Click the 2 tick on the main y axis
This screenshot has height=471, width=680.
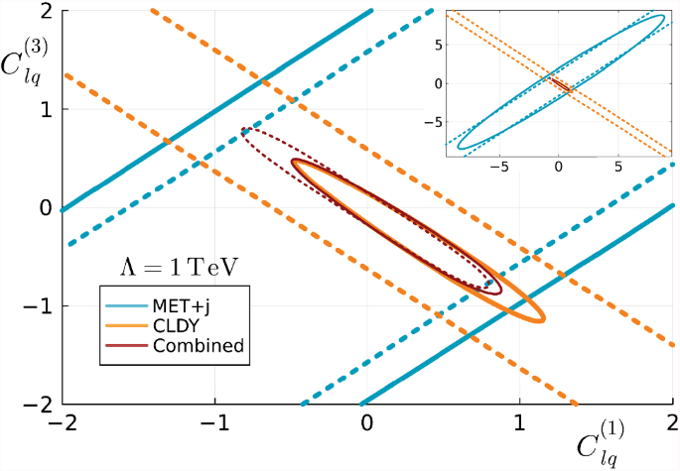(45, 11)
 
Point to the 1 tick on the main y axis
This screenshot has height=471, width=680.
(45, 109)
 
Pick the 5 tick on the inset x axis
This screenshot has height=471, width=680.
(617, 167)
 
